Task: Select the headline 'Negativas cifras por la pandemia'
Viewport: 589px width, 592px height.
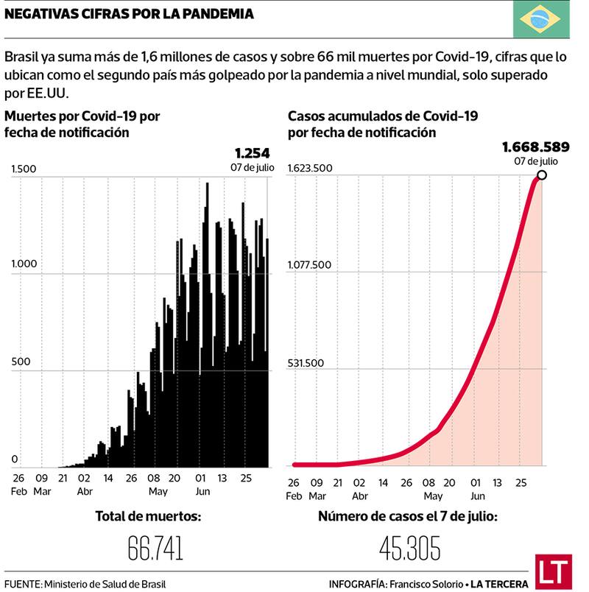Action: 130,14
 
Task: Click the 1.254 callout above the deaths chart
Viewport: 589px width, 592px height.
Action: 253,153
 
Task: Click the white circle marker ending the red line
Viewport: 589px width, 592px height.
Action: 542,175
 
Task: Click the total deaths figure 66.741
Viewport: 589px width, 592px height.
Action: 155,548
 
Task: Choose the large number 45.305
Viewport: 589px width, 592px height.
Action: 410,548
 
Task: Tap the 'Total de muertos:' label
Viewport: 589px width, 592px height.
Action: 148,516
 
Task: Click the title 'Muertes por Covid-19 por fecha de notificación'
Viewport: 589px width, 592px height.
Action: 82,124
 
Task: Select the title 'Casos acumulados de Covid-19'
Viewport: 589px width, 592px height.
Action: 383,116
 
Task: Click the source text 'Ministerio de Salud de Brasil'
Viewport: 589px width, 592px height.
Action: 105,584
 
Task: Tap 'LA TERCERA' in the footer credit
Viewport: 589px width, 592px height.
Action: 500,584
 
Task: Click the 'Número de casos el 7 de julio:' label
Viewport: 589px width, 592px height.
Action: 407,516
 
